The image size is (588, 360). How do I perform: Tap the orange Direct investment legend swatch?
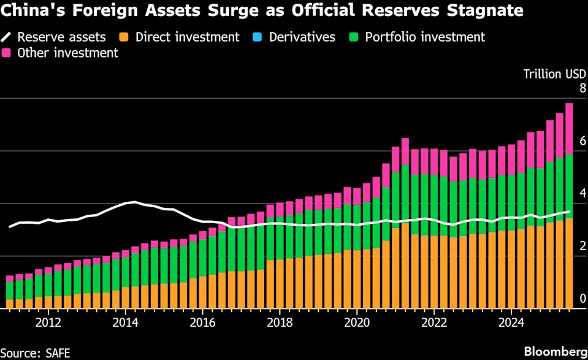coord(126,37)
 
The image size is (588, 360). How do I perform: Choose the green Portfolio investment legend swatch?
coord(355,37)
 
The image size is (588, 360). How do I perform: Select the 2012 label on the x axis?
coord(48,322)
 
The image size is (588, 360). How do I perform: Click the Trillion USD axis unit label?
coord(551,74)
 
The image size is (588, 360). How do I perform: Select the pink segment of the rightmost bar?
coord(569,129)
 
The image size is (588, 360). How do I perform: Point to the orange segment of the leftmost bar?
coord(10,303)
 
